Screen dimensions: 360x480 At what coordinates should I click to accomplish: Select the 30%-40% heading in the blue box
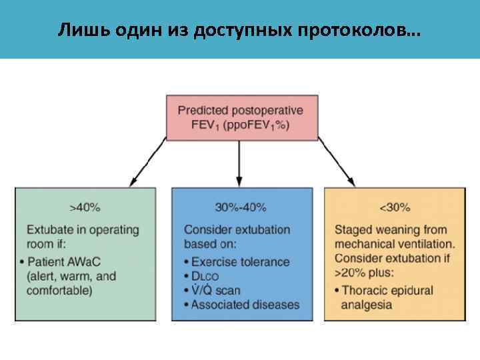[241, 207]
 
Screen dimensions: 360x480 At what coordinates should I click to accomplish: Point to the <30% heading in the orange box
[395, 207]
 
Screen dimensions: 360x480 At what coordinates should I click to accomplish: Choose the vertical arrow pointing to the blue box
[239, 163]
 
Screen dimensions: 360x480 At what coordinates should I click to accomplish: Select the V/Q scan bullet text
[216, 291]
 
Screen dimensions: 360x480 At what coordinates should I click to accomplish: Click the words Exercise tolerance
[240, 261]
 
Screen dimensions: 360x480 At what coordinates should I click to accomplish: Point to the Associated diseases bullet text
[245, 305]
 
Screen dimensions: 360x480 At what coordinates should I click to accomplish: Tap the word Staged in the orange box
[353, 229]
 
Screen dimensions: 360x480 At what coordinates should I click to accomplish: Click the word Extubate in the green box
[49, 229]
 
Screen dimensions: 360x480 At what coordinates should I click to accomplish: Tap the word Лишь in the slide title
[75, 31]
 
